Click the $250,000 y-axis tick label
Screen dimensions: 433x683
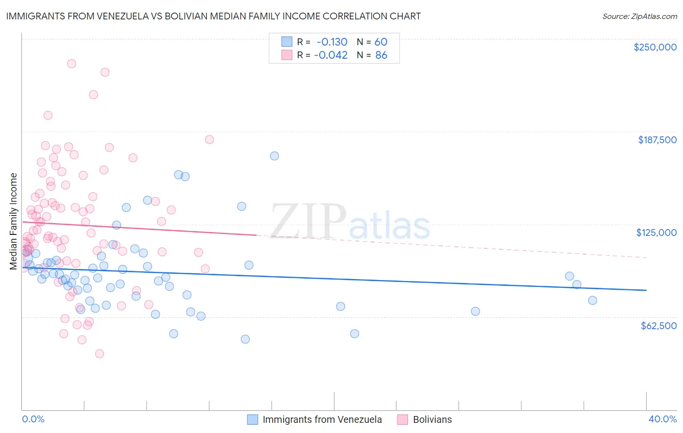655,47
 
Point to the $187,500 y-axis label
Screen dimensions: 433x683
657,140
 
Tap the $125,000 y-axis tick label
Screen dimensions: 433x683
656,233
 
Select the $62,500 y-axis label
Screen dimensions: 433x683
659,326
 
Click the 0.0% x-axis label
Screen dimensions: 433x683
33,419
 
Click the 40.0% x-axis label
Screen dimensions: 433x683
663,419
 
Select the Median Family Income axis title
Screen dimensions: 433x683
14,221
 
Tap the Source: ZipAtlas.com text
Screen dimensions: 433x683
640,16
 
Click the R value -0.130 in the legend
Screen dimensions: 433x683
331,42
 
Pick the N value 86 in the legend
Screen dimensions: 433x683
381,55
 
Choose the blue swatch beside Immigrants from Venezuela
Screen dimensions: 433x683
253,419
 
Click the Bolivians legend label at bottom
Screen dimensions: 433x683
432,419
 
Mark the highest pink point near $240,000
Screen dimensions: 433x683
71,64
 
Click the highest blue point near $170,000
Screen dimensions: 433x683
274,156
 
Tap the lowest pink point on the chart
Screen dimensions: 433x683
100,353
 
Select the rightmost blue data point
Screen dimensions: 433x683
593,300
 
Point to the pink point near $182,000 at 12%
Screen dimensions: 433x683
209,139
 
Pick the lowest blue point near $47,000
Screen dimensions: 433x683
245,339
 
